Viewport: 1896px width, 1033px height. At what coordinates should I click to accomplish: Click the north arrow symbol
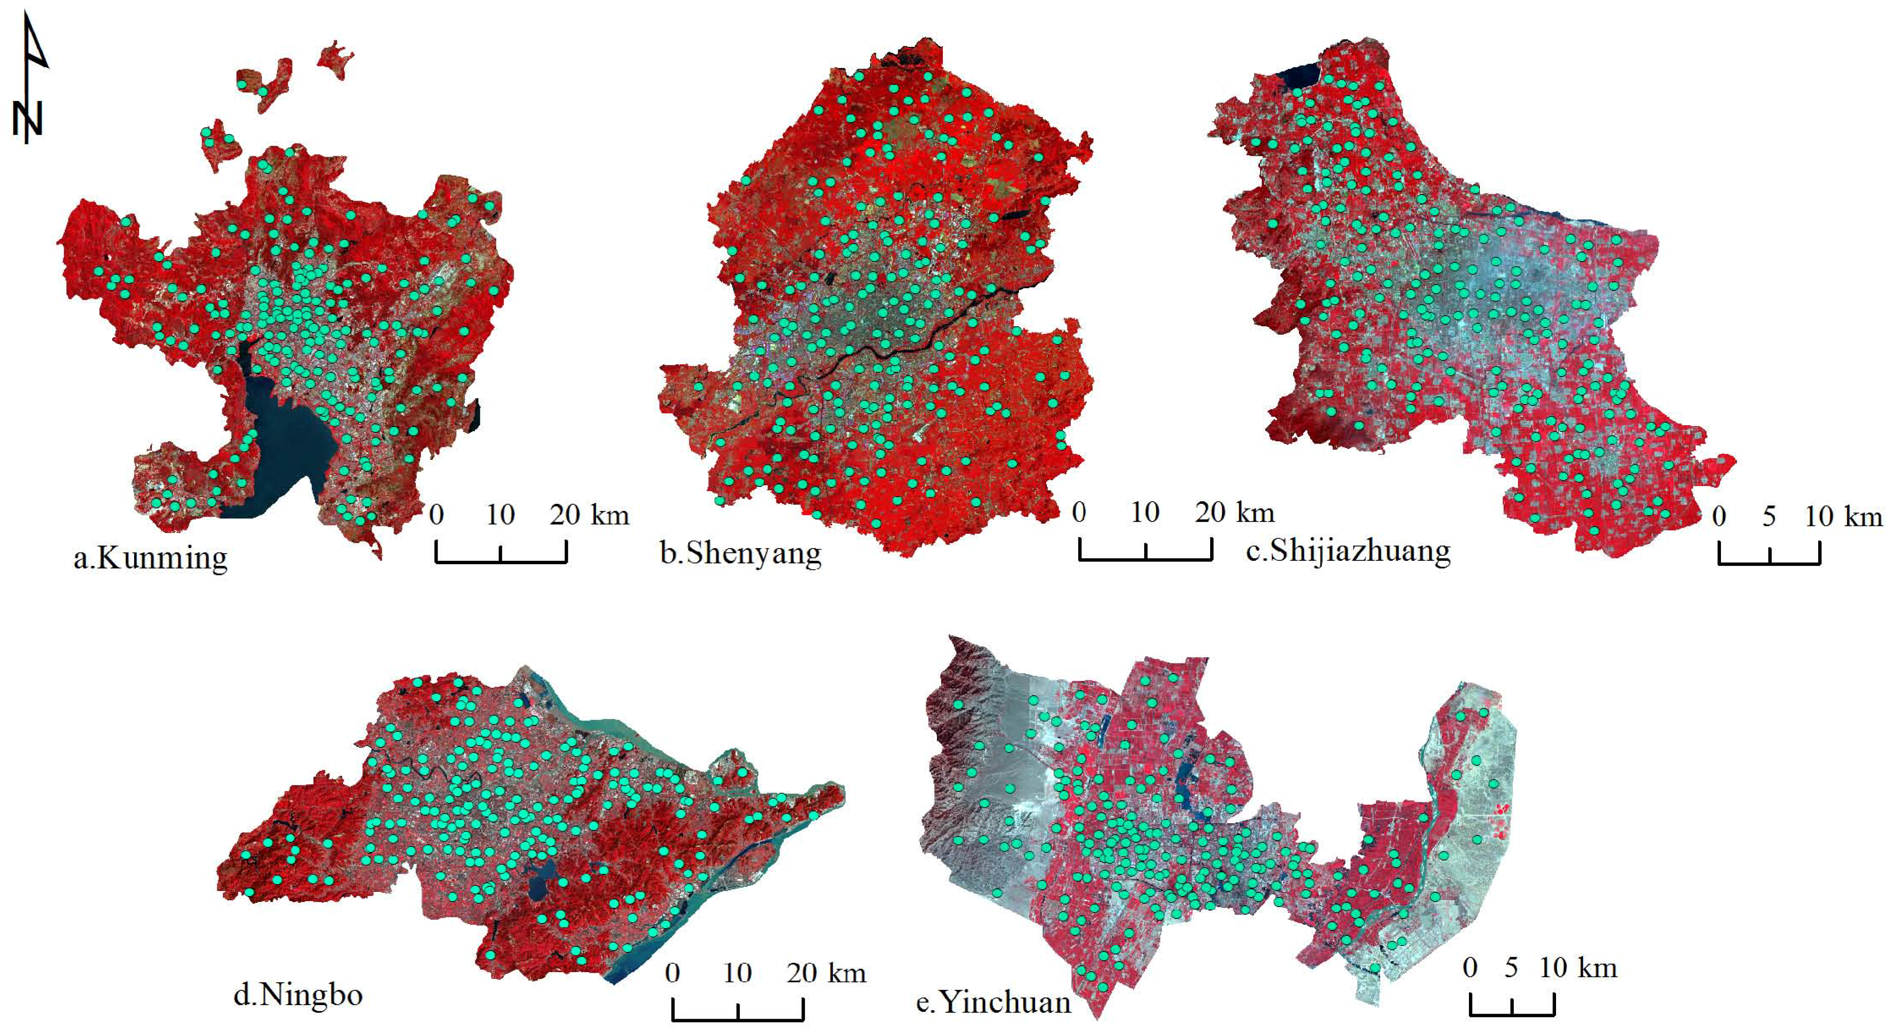30,81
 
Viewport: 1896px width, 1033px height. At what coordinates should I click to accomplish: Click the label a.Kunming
151,557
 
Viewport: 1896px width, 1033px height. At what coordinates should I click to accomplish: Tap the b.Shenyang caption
740,553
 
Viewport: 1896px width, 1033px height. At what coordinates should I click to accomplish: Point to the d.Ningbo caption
298,995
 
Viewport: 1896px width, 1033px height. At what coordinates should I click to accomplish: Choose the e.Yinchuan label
994,1002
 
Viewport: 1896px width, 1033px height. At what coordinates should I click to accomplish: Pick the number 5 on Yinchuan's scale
1512,968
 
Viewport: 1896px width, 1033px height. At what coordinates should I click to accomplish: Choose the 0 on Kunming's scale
436,515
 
